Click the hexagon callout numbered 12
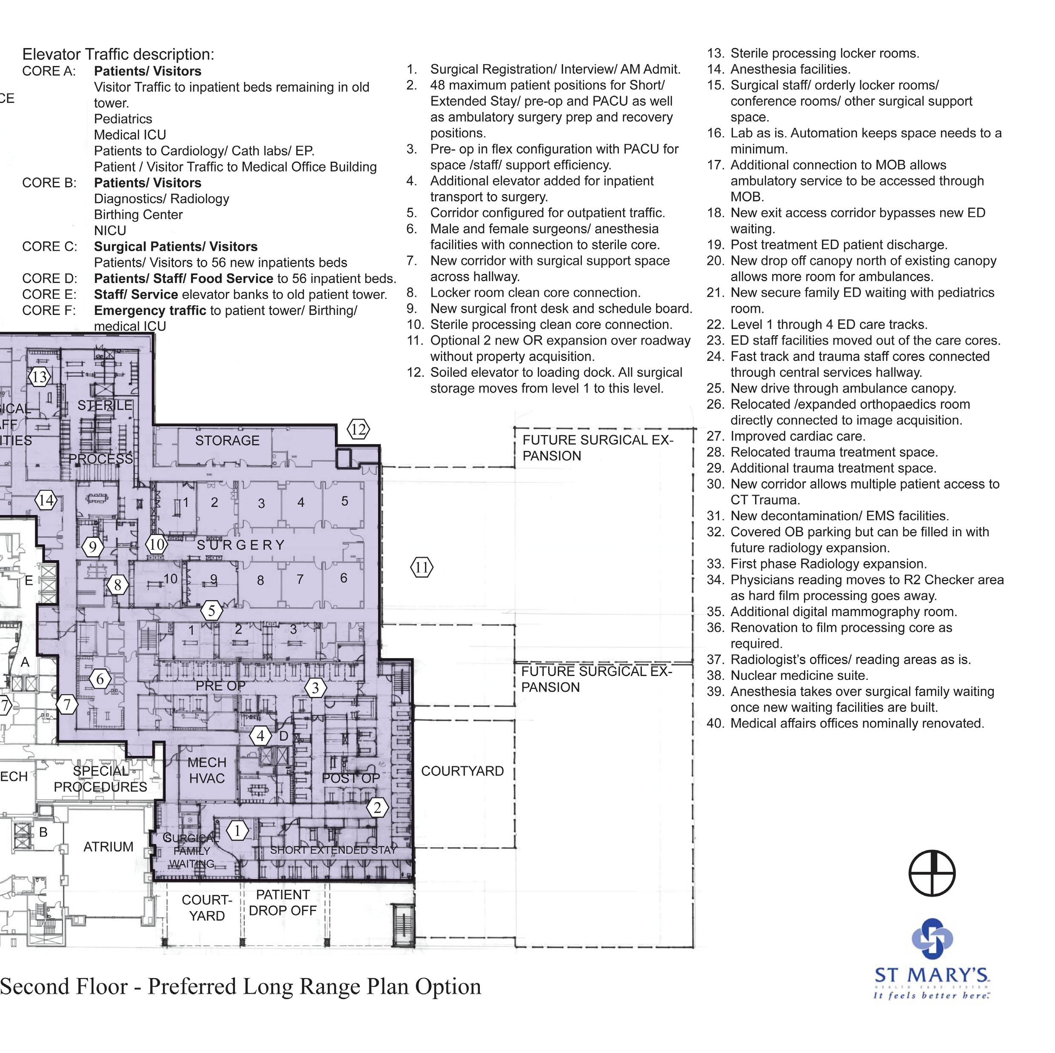coord(358,429)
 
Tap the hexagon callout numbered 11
coord(422,567)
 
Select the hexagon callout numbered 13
coord(39,376)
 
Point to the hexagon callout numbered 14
coord(46,500)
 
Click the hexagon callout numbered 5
coord(212,611)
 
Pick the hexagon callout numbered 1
coord(237,831)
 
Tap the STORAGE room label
coord(227,440)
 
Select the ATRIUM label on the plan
coord(108,847)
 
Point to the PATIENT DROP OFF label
coord(282,903)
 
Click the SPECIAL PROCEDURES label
coord(100,779)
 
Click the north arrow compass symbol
coord(932,873)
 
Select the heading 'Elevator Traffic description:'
coord(118,54)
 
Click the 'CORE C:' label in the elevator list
coord(49,246)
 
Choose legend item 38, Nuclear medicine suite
coord(799,676)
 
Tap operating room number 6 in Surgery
coord(343,578)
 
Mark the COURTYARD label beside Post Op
coord(462,771)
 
